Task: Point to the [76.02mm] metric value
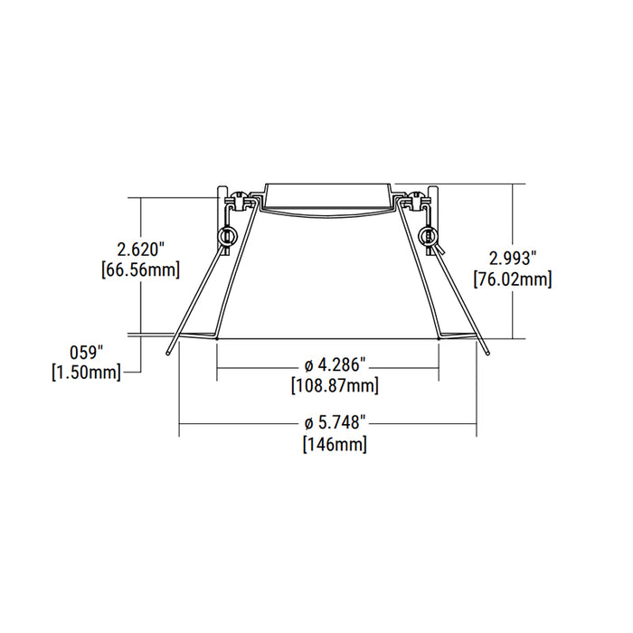tap(512, 279)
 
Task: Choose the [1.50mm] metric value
tap(89, 372)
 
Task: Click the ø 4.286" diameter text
tap(335, 365)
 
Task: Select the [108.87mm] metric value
tap(335, 386)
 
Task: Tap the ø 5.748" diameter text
tap(335, 422)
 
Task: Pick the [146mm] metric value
tap(335, 444)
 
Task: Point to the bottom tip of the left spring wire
tap(168, 355)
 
